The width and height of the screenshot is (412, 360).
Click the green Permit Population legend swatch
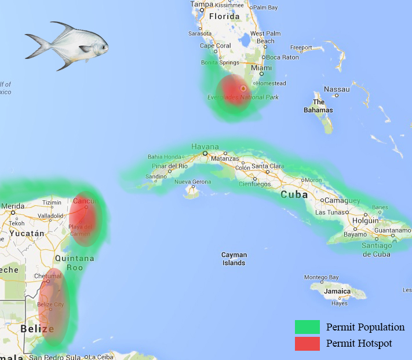click(x=307, y=327)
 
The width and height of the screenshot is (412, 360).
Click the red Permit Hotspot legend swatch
click(x=307, y=343)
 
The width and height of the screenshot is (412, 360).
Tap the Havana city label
click(x=205, y=146)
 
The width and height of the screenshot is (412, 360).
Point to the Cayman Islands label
click(x=234, y=259)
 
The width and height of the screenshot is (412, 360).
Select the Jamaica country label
click(x=337, y=291)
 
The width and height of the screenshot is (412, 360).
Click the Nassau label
click(x=337, y=89)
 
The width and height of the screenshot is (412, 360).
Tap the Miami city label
click(x=261, y=68)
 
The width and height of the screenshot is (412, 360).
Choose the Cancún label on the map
click(x=85, y=201)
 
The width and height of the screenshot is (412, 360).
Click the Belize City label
click(x=50, y=304)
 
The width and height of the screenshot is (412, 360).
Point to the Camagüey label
click(x=342, y=201)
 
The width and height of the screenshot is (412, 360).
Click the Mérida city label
click(x=13, y=206)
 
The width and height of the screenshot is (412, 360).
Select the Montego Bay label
click(x=321, y=277)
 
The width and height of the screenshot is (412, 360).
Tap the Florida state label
click(x=224, y=17)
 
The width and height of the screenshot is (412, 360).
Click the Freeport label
click(x=301, y=48)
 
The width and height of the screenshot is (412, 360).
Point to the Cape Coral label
click(x=215, y=46)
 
